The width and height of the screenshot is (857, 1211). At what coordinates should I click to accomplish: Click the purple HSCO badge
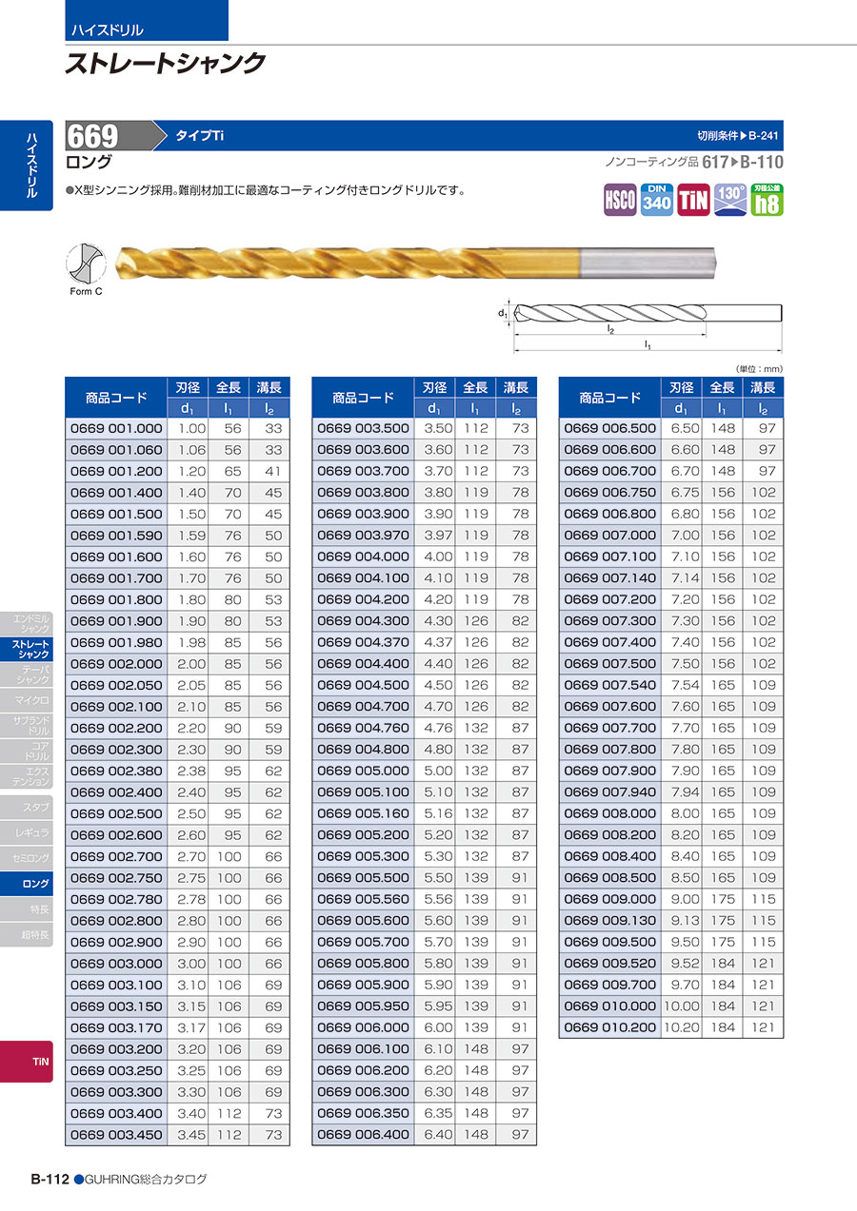[x=620, y=200]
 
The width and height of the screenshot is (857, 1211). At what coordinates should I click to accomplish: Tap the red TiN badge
[x=692, y=200]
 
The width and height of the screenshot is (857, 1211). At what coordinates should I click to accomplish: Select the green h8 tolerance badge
[x=767, y=200]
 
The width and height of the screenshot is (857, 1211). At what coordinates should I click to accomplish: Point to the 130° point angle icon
[x=729, y=200]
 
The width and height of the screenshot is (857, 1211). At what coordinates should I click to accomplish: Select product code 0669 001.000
[x=116, y=428]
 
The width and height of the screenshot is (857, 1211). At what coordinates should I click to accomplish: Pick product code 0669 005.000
[x=363, y=771]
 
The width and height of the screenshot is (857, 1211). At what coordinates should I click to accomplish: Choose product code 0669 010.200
[x=610, y=1027]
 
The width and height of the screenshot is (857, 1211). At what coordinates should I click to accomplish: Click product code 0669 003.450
[x=116, y=1135]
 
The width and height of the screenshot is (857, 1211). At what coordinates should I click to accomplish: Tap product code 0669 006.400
[x=363, y=1135]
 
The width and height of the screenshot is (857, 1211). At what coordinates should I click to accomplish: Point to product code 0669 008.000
[x=610, y=813]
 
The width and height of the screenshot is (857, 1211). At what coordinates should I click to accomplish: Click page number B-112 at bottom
[x=50, y=1180]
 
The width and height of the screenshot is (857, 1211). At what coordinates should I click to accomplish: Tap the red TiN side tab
[x=40, y=1061]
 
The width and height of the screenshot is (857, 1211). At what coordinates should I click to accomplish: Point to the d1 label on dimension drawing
[x=501, y=311]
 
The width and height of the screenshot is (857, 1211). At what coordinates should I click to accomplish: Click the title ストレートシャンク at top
[x=165, y=64]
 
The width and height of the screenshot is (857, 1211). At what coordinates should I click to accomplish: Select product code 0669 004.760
[x=363, y=728]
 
